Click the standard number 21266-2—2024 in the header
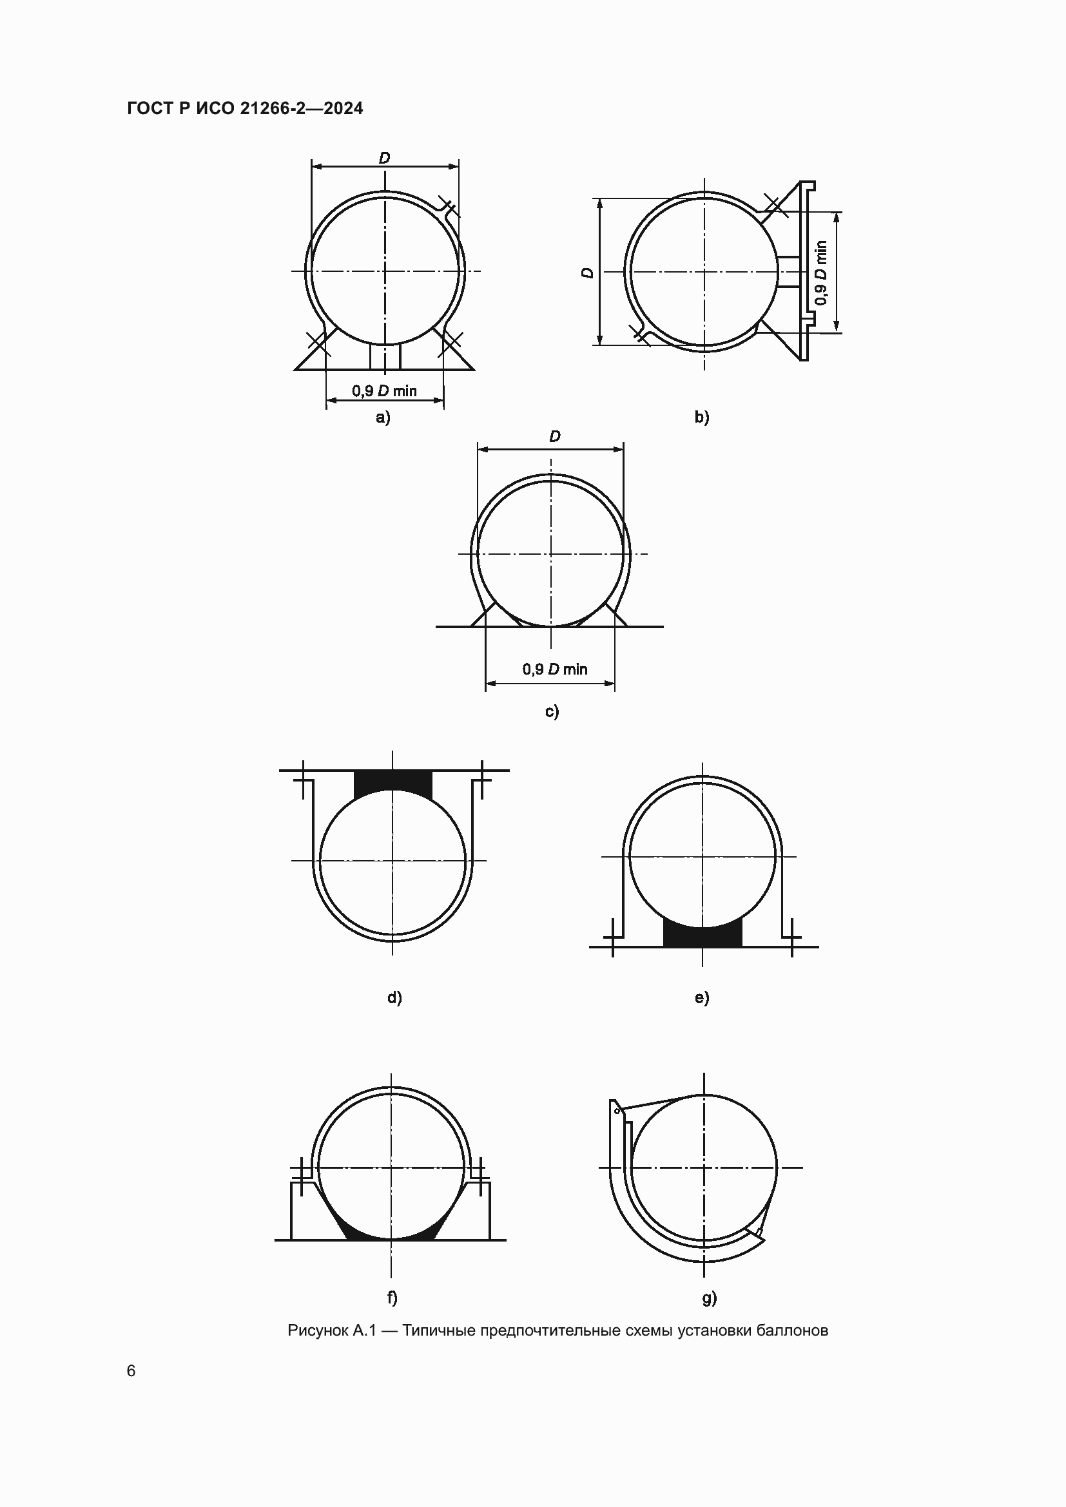(x=301, y=108)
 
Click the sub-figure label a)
(x=383, y=418)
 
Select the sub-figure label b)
(x=702, y=418)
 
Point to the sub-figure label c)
(x=552, y=711)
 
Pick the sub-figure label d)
(x=394, y=997)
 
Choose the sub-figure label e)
(x=702, y=997)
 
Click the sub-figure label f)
(x=392, y=1298)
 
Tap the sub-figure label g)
(x=709, y=1298)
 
